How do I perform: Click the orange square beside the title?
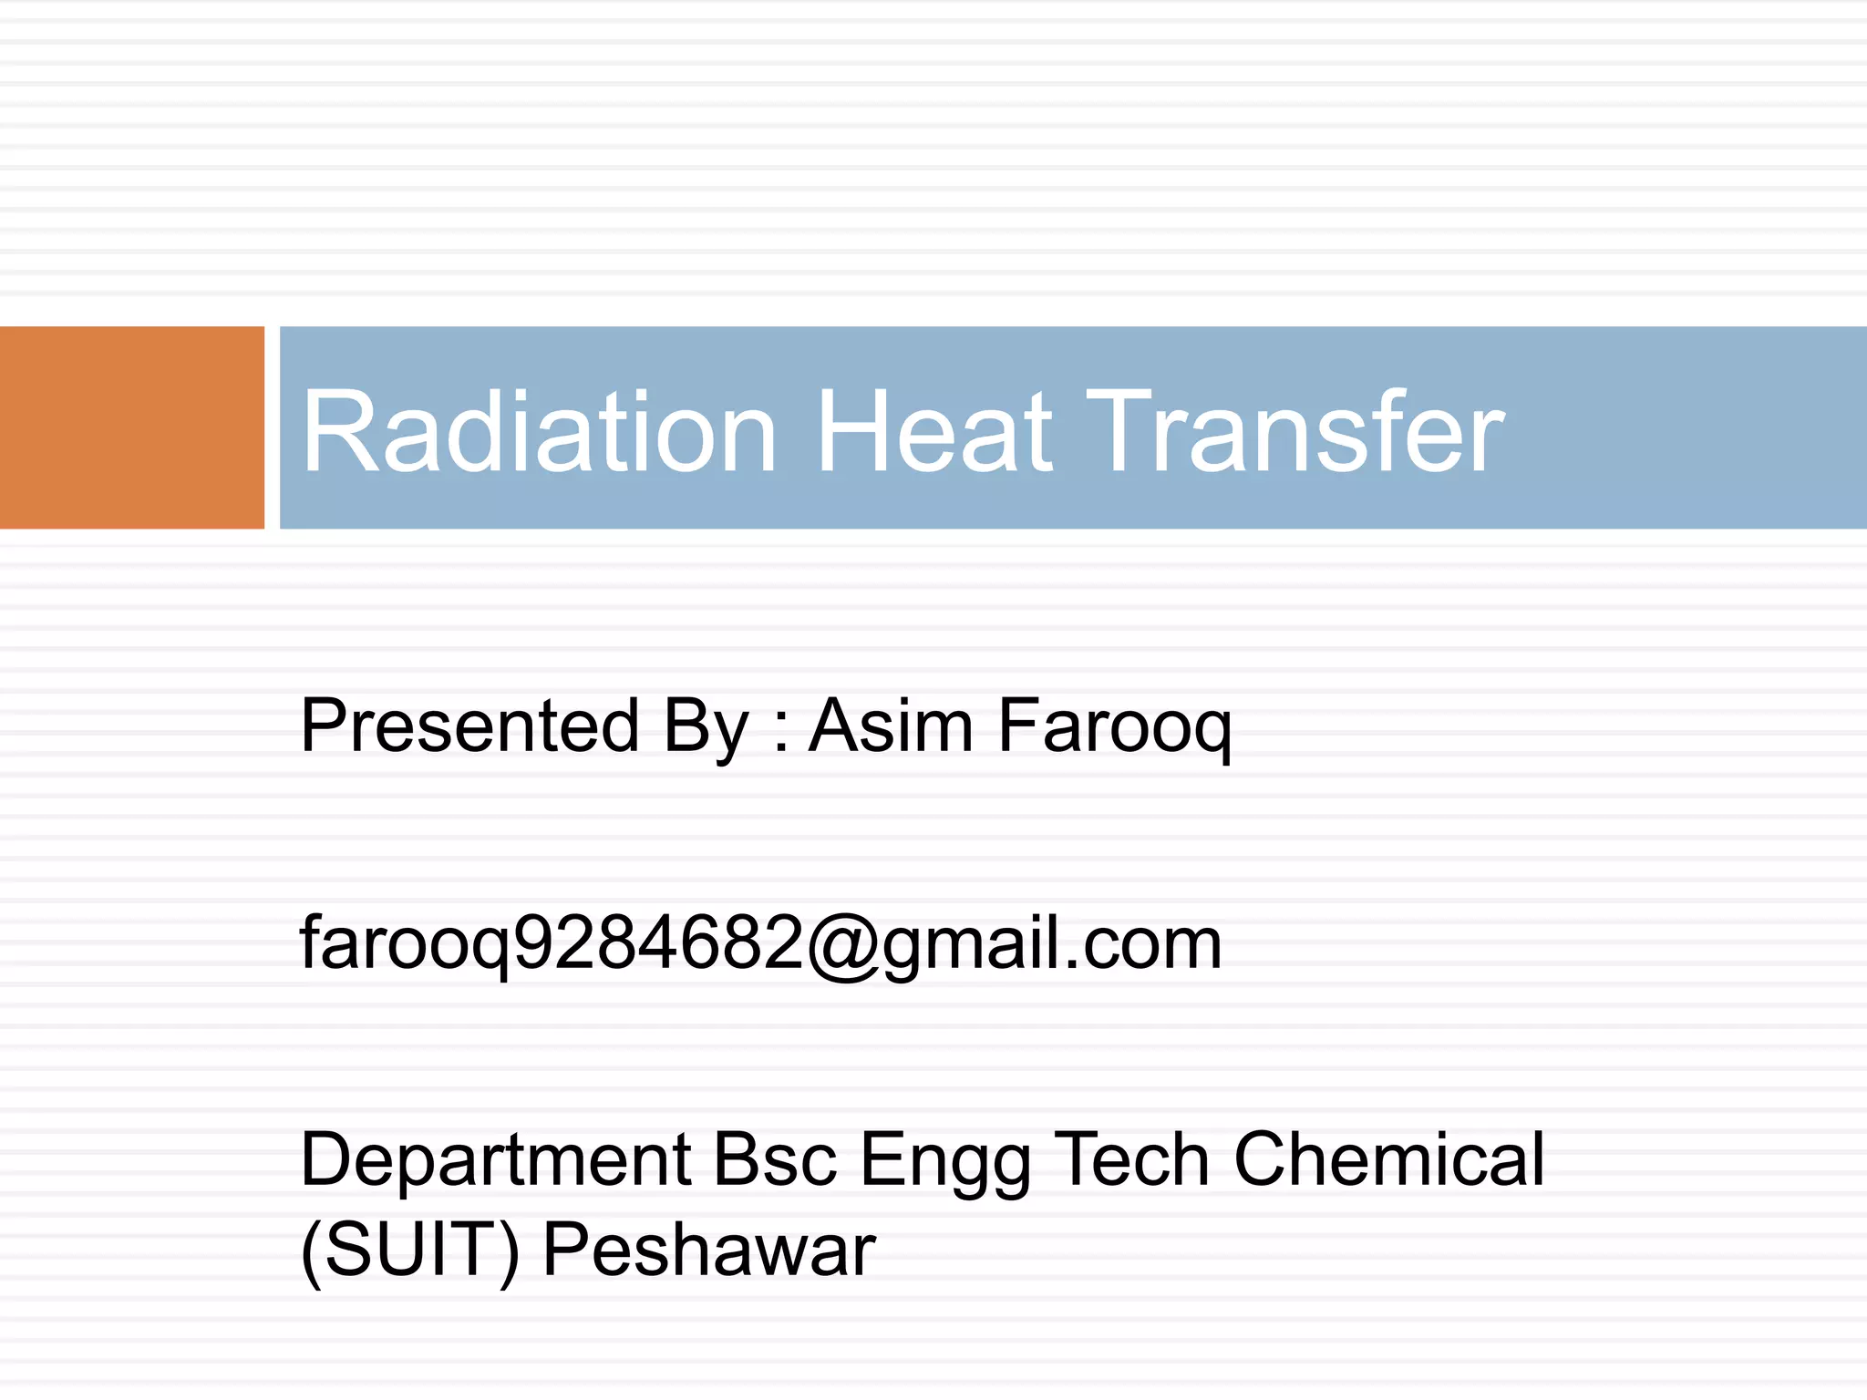tap(131, 427)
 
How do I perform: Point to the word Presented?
tap(469, 726)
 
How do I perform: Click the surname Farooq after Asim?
tap(1115, 728)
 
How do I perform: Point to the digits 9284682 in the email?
tap(659, 943)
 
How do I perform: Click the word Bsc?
tap(774, 1160)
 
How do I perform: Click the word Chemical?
tap(1389, 1160)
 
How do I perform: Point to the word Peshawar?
tap(708, 1251)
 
